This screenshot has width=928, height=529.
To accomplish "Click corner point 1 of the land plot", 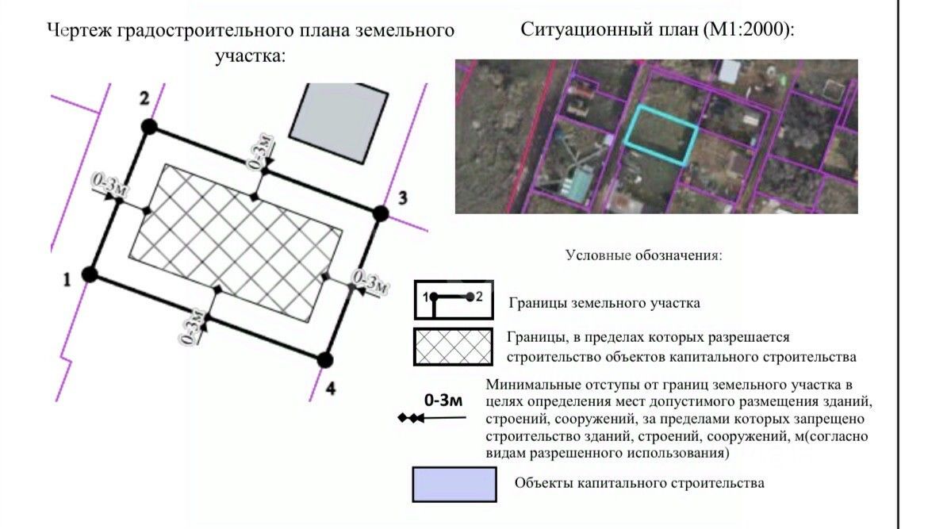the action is (x=90, y=274).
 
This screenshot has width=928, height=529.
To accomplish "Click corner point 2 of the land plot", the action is (x=148, y=126).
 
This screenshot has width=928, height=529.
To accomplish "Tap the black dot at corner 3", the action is (x=381, y=213).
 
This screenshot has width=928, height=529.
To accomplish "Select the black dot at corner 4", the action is (x=324, y=360).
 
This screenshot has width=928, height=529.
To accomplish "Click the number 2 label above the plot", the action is (x=144, y=98).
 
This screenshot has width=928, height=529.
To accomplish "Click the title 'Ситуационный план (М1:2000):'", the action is (x=657, y=30).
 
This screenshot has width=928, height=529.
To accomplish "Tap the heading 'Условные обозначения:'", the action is (x=643, y=255).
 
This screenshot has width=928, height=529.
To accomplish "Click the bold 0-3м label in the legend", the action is (x=443, y=400).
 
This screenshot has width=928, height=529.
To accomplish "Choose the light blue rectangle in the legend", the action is (x=454, y=484).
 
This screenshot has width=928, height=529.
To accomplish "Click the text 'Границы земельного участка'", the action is (x=604, y=303).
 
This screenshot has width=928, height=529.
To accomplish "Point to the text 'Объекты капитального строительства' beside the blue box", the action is (x=639, y=483).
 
